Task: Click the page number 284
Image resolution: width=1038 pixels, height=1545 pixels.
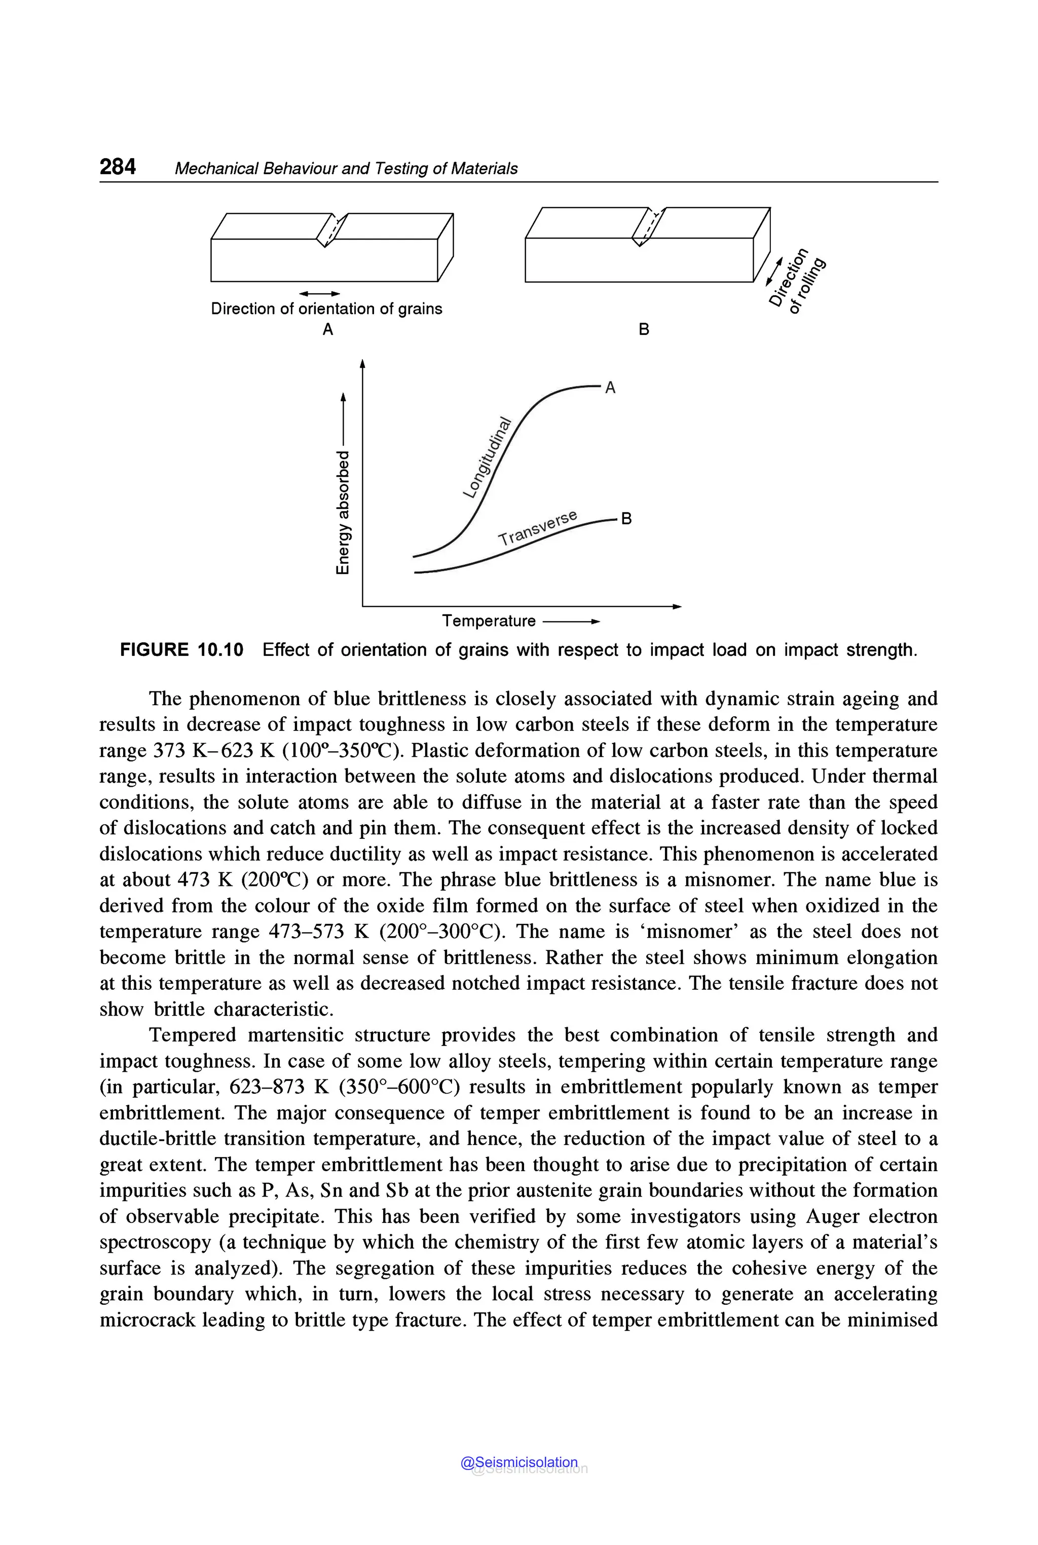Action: coord(118,167)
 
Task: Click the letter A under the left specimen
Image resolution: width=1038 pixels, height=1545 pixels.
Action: coord(327,329)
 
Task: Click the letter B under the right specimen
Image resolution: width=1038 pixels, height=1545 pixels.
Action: coord(644,329)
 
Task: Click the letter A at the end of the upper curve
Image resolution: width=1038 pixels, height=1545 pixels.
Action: coord(610,388)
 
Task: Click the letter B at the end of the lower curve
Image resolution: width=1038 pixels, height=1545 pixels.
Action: coord(626,519)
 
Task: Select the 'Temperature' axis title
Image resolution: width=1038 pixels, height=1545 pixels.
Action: coord(489,621)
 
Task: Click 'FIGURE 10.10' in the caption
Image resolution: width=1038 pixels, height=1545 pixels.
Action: coord(181,650)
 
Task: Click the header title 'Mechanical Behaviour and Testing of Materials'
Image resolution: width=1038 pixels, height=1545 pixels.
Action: coord(346,169)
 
